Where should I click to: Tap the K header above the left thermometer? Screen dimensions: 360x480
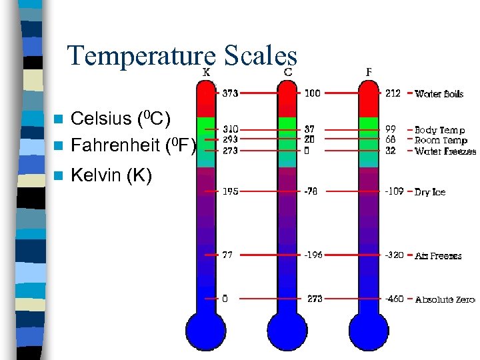point(207,71)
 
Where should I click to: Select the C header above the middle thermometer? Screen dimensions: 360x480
point(289,71)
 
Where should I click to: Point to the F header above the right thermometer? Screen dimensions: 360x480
point(369,71)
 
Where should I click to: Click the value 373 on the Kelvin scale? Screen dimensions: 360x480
point(231,93)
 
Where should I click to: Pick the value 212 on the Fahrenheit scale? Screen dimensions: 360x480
point(393,93)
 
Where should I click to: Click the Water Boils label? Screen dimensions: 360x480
point(439,94)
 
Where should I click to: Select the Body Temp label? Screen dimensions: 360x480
point(440,130)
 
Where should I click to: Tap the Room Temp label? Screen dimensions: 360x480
point(441,140)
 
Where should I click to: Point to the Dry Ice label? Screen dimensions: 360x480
point(430,192)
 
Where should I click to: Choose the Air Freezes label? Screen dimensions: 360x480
point(438,255)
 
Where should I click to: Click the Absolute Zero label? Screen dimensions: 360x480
point(445,299)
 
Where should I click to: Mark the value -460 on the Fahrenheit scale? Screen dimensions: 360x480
point(394,299)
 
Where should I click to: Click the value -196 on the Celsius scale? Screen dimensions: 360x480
point(313,255)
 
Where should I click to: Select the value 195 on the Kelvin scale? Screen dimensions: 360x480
point(231,191)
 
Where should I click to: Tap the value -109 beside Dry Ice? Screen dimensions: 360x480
point(394,191)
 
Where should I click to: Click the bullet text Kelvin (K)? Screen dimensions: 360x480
point(111,175)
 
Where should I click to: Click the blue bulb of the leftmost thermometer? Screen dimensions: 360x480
point(206,330)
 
